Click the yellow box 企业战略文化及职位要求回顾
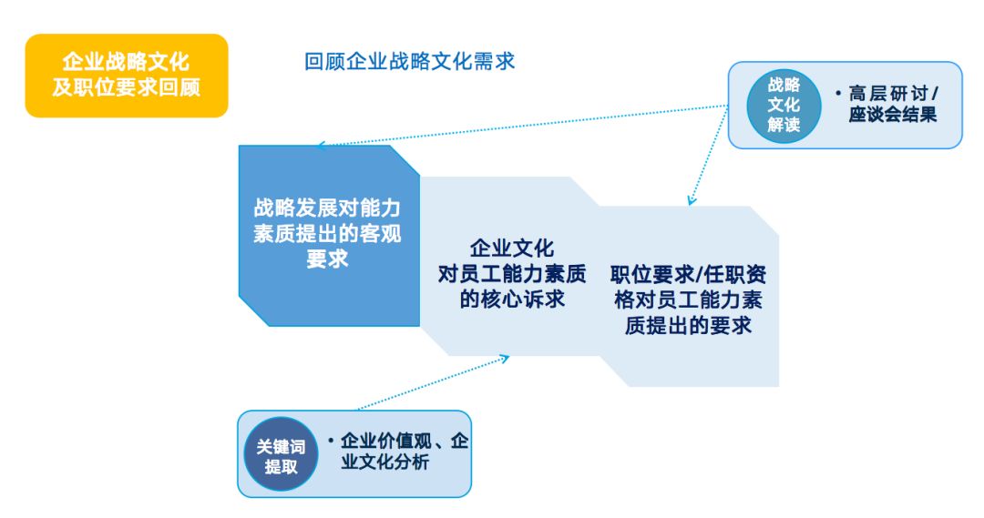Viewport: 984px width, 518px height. (126, 76)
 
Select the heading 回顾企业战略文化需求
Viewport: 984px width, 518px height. (409, 61)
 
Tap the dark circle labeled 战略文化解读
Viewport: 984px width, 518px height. (783, 105)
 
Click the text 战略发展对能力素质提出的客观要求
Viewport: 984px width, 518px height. (327, 233)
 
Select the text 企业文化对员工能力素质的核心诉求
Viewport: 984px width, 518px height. (512, 273)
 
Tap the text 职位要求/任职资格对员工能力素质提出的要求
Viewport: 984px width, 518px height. (688, 300)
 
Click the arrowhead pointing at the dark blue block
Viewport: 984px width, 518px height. (322, 145)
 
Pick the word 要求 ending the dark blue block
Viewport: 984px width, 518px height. (327, 259)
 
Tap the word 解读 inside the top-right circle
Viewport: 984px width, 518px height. (783, 126)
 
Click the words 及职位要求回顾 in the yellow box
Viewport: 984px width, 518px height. (126, 88)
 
